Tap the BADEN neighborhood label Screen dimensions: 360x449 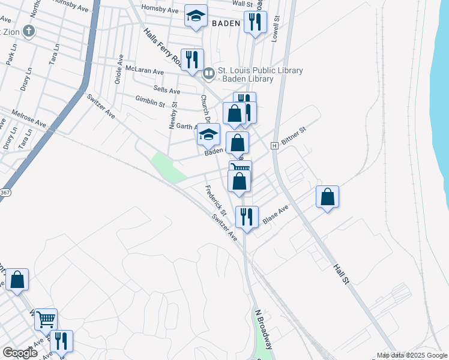point(226,24)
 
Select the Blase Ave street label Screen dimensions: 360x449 point(276,215)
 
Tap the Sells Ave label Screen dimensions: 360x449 point(167,90)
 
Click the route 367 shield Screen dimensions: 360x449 point(5,193)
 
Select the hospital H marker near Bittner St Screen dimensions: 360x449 point(274,146)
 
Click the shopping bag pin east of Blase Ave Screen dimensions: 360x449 point(327,197)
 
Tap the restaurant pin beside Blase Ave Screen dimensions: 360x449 point(247,217)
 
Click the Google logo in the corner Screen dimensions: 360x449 point(20,353)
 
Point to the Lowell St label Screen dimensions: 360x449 point(277,27)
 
